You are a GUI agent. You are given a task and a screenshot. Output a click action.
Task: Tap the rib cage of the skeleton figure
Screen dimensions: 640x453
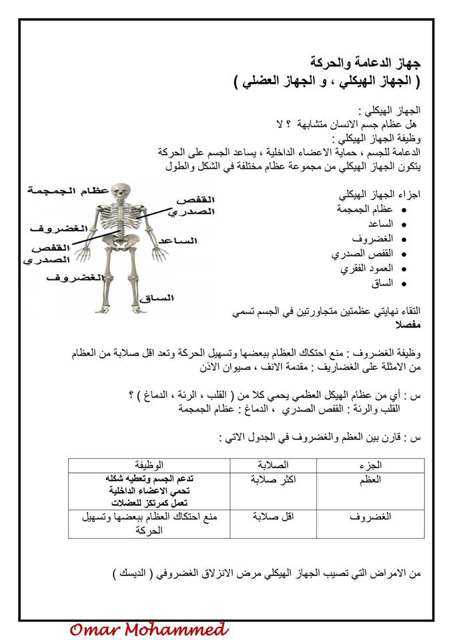(121, 217)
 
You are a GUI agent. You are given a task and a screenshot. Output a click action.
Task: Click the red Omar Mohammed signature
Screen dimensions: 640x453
(149, 628)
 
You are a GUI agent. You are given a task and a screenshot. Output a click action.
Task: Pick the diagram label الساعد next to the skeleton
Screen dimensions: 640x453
(179, 240)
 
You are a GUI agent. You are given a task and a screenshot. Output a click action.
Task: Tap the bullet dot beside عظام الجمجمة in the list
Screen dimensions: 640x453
(403, 210)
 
